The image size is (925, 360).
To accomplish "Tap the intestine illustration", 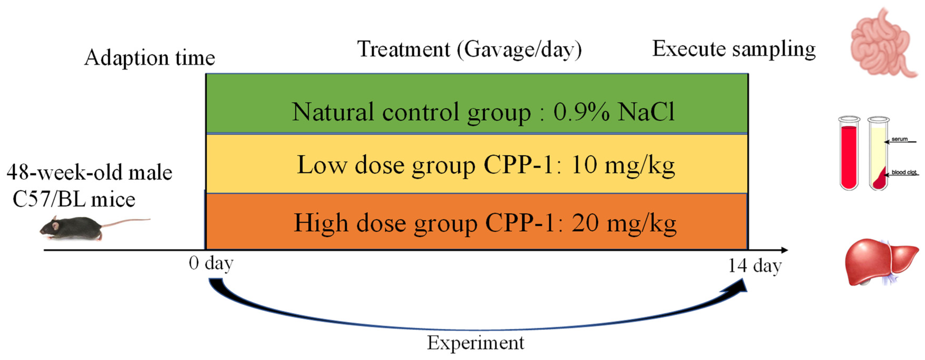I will [x=882, y=45].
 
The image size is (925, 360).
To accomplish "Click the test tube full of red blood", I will [x=849, y=154].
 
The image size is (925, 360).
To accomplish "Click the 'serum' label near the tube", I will [x=900, y=139].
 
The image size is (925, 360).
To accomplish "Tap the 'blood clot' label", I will [x=904, y=172].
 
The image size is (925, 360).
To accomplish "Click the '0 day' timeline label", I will [x=211, y=264].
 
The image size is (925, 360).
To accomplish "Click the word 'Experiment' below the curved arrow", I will [x=475, y=343].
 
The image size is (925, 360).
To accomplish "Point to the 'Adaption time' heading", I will [x=149, y=57].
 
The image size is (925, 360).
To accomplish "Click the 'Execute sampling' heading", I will [x=734, y=49].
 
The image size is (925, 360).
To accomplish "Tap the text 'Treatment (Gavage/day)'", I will [x=469, y=50].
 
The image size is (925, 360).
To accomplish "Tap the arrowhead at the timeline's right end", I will [x=784, y=250].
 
